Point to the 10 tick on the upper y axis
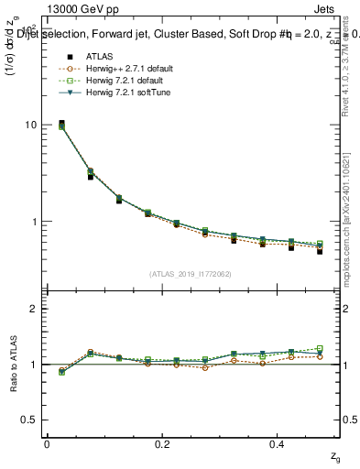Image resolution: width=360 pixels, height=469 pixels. click(31, 125)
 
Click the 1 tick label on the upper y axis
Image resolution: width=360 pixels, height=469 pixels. click(34, 222)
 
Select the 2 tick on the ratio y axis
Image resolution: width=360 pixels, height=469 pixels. click(34, 309)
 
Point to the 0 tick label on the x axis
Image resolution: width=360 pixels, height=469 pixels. click(47, 443)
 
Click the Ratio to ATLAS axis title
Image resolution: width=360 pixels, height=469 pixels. click(12, 364)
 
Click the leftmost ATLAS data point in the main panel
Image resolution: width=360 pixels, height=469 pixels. click(61, 124)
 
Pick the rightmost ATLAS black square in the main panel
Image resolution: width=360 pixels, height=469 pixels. click(320, 250)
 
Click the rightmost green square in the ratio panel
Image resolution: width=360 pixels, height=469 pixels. click(320, 348)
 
